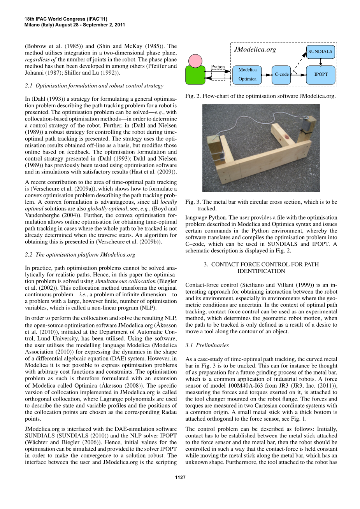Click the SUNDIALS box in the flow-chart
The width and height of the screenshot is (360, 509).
(x=320, y=51)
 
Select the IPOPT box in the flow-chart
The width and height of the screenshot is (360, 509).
(x=321, y=74)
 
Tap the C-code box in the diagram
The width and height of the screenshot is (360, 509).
(x=281, y=74)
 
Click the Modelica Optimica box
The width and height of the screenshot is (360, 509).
(x=247, y=74)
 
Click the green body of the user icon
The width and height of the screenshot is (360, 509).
(x=195, y=75)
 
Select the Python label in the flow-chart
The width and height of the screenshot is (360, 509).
(x=218, y=67)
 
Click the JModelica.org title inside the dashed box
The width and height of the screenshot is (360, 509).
(x=255, y=49)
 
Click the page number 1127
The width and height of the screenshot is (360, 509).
(x=180, y=477)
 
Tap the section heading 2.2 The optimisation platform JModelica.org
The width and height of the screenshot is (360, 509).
(x=80, y=255)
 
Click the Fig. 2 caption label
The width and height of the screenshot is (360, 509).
(x=193, y=96)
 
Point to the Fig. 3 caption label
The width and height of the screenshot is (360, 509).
(x=193, y=202)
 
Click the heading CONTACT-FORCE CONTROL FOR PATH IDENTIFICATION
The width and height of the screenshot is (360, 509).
(x=261, y=268)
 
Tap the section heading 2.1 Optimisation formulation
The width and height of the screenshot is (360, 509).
(x=94, y=86)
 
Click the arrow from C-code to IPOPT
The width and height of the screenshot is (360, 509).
(x=298, y=74)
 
